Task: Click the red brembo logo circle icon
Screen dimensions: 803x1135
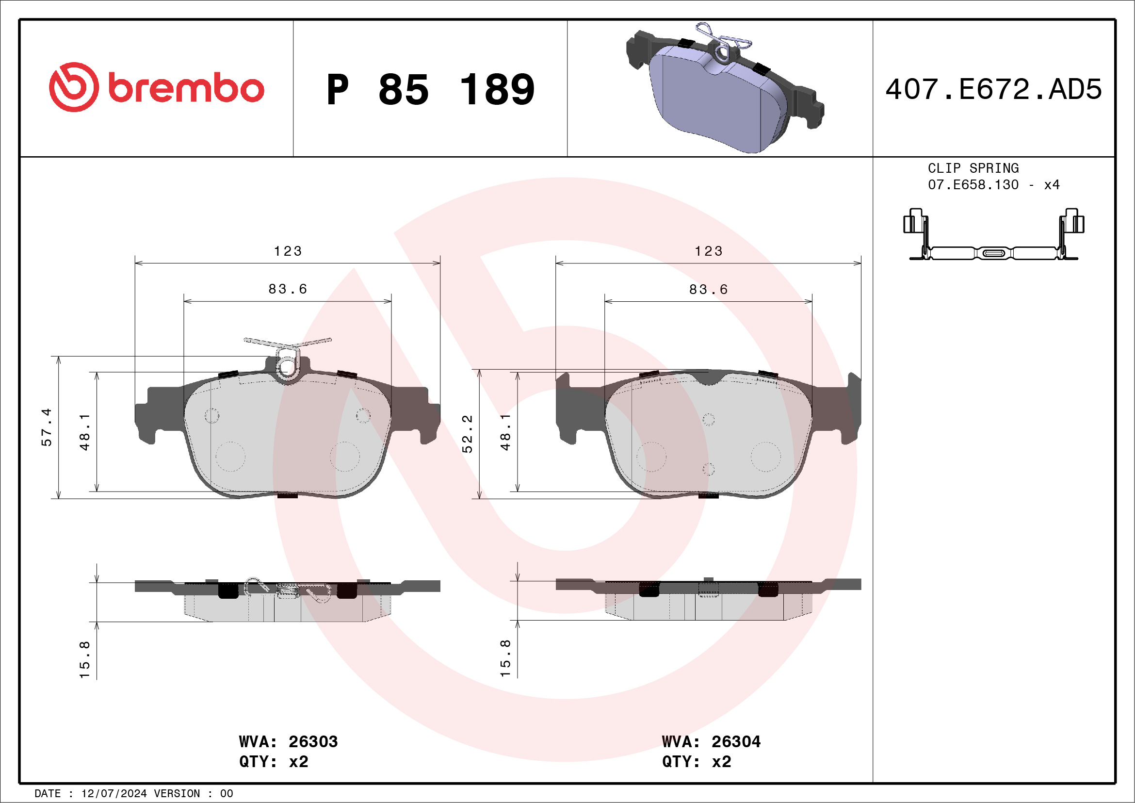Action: tap(74, 87)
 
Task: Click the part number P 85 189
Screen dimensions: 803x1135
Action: tap(430, 89)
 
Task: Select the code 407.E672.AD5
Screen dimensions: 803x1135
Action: tap(993, 89)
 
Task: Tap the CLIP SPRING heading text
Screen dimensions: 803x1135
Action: tap(973, 168)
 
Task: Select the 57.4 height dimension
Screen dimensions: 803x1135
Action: tap(46, 427)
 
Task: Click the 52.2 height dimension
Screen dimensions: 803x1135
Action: tap(467, 433)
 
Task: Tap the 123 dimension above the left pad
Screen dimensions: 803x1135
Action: tap(288, 251)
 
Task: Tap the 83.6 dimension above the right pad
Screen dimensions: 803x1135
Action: tap(708, 289)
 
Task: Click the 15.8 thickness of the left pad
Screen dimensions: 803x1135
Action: tap(84, 659)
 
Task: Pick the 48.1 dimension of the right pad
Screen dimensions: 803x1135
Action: tap(505, 432)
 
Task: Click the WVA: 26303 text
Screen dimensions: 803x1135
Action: tap(288, 742)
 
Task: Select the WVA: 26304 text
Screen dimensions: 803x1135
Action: tap(711, 742)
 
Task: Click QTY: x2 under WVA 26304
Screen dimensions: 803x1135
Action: tap(696, 761)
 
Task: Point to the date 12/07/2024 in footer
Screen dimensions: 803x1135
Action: tap(113, 794)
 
